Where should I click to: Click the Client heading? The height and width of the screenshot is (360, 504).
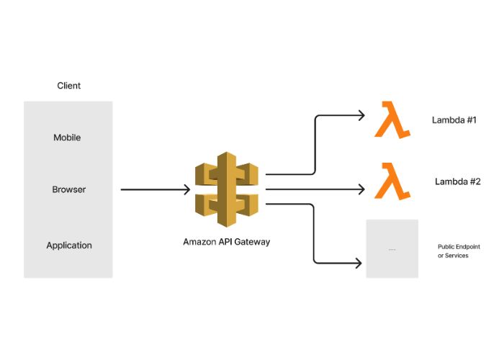pyautogui.click(x=68, y=86)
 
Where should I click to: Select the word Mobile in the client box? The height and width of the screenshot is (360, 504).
pyautogui.click(x=67, y=138)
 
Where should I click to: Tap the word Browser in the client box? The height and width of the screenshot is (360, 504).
pyautogui.click(x=68, y=190)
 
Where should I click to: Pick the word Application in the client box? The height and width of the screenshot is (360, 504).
pyautogui.click(x=69, y=246)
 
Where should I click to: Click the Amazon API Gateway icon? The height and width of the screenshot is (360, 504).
pyautogui.click(x=226, y=189)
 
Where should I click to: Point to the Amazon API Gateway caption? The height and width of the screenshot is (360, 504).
pyautogui.click(x=226, y=242)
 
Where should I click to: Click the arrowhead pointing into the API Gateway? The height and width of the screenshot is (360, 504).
pyautogui.click(x=186, y=190)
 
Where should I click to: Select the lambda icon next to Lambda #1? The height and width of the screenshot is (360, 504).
pyautogui.click(x=392, y=120)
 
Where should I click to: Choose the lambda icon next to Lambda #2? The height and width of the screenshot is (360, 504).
pyautogui.click(x=392, y=181)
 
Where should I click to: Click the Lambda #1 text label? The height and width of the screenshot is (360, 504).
pyautogui.click(x=454, y=120)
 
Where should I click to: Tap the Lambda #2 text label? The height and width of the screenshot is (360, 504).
pyautogui.click(x=457, y=181)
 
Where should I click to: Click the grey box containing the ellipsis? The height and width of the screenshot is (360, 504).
pyautogui.click(x=392, y=248)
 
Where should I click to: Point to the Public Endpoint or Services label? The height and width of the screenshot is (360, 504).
pyautogui.click(x=459, y=251)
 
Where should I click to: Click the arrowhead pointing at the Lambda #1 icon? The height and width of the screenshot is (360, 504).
pyautogui.click(x=361, y=115)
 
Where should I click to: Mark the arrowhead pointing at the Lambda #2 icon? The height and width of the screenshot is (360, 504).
pyautogui.click(x=361, y=190)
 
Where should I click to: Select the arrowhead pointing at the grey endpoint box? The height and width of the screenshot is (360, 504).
pyautogui.click(x=358, y=264)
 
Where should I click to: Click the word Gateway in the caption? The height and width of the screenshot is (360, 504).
pyautogui.click(x=253, y=242)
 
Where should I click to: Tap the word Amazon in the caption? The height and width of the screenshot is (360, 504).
pyautogui.click(x=199, y=242)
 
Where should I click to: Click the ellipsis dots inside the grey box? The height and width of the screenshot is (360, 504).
pyautogui.click(x=392, y=249)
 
